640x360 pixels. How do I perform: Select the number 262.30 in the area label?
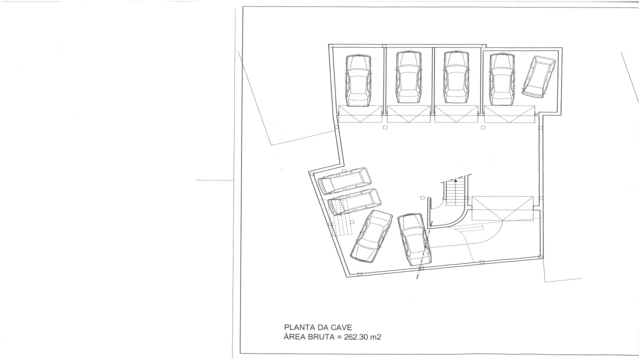point(356,337)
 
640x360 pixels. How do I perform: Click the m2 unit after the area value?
point(375,337)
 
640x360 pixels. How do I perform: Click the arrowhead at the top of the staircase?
point(455,179)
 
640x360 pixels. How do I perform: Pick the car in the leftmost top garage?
point(358,80)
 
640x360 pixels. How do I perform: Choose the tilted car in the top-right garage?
point(539,75)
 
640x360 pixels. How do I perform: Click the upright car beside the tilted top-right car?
point(502,79)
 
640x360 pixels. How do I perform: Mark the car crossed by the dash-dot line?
point(414,239)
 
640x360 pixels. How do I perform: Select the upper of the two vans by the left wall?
point(345,181)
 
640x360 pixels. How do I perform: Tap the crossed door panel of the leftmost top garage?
point(359,113)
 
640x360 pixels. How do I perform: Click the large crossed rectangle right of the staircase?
point(502,208)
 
